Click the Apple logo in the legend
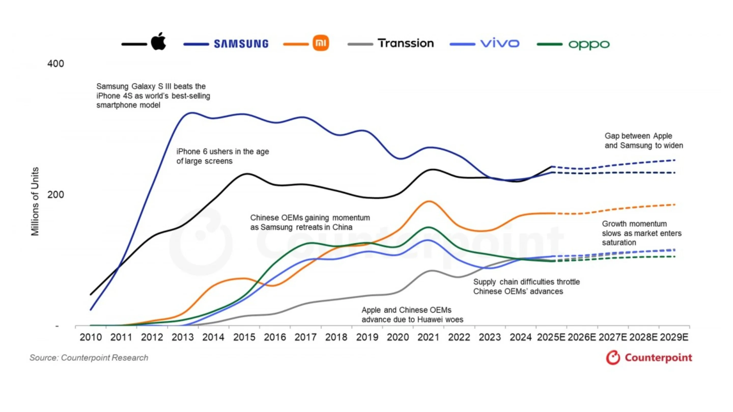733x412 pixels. point(159,41)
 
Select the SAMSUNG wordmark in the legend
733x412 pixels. point(241,44)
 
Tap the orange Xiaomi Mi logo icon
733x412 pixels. point(321,43)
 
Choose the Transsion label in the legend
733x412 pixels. point(406,43)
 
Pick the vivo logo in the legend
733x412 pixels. point(500,43)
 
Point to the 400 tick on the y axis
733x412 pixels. point(55,64)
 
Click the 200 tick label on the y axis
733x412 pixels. point(55,195)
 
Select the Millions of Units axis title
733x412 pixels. point(35,201)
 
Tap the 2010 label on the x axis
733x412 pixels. point(91,337)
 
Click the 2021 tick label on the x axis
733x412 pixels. point(428,337)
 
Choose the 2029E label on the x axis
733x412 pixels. point(674,337)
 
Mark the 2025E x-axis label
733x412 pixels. point(551,337)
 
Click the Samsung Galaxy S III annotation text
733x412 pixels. point(153,96)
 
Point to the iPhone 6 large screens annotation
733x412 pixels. point(222,156)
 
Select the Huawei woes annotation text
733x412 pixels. point(412,315)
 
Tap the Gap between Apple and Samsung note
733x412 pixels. point(644,141)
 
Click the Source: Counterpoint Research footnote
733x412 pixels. point(89,358)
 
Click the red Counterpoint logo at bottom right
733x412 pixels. point(649,358)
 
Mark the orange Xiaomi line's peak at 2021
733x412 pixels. point(429,201)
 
